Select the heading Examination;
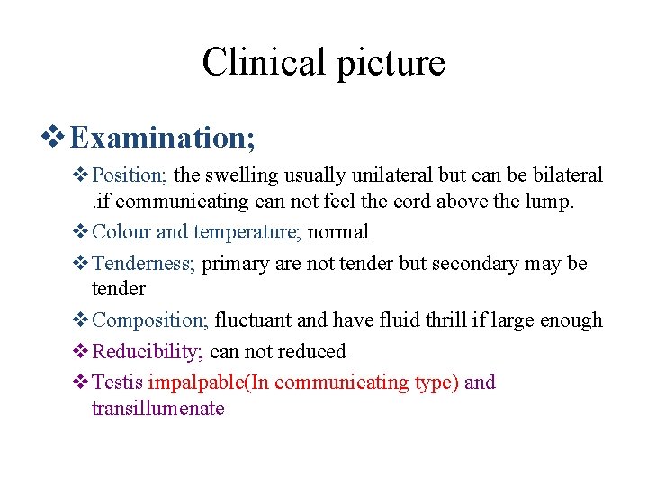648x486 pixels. click(x=163, y=138)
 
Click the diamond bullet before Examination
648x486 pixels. click(x=55, y=138)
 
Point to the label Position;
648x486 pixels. click(x=132, y=175)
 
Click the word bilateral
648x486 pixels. click(x=569, y=175)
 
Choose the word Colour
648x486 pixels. click(x=121, y=231)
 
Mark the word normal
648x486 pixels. click(x=338, y=231)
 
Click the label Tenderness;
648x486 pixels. click(x=144, y=263)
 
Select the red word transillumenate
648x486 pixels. click(x=157, y=409)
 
